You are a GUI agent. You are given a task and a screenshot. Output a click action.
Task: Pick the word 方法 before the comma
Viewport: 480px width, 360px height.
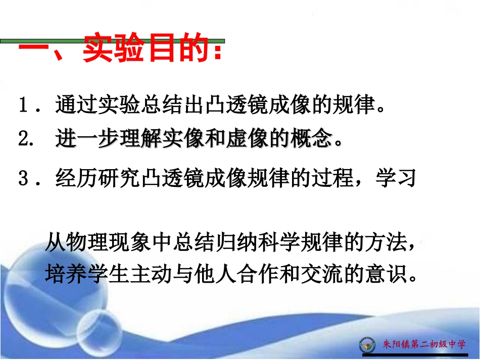coord(388,244)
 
